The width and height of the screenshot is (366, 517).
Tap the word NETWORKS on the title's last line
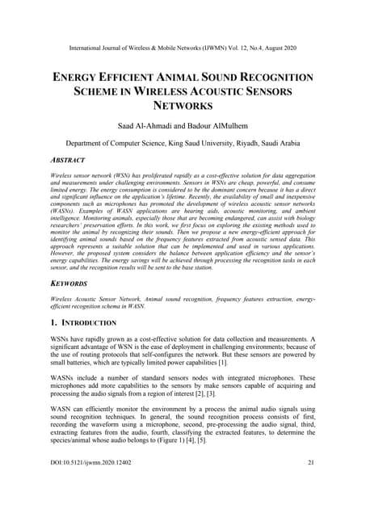tap(183, 106)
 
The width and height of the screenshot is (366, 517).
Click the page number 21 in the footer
tap(311, 485)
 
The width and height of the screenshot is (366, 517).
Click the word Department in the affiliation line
tap(86, 143)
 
